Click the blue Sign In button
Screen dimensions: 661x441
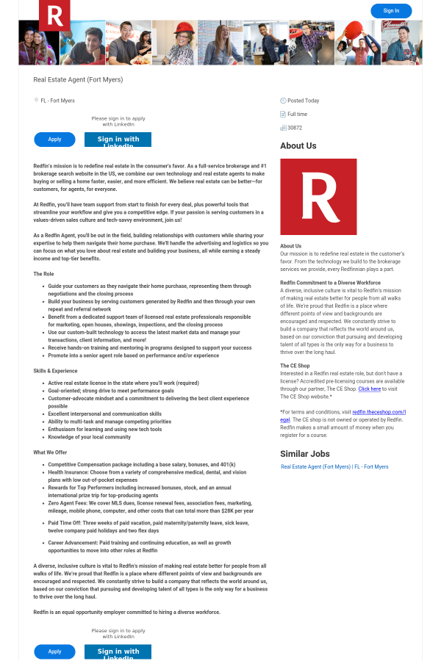pos(391,11)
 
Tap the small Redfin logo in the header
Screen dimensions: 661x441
pos(54,15)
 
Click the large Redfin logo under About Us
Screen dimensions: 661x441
pos(318,197)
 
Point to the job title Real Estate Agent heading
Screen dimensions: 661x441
pos(78,79)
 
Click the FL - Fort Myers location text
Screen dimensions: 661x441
pos(57,101)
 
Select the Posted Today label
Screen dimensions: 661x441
pos(303,101)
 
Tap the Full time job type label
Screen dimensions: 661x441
pos(297,114)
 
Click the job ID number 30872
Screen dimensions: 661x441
pos(295,128)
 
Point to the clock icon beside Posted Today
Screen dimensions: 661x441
pos(283,101)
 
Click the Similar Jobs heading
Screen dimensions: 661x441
pos(305,454)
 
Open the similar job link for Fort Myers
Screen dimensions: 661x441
pos(334,467)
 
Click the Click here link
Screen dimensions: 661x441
pos(370,389)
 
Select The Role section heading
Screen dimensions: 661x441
pos(43,274)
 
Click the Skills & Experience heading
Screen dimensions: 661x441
pos(55,371)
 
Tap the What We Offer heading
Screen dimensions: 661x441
pos(50,452)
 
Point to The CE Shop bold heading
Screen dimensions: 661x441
pos(295,365)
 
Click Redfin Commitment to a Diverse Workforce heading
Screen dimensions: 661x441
pos(330,282)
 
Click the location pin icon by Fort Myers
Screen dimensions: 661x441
pos(36,101)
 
